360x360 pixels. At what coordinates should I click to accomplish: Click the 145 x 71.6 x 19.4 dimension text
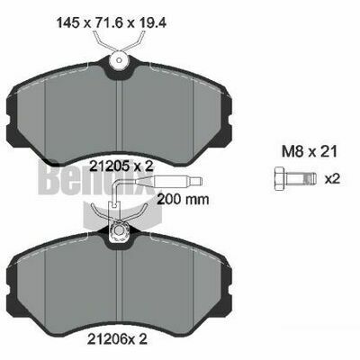tap(112, 23)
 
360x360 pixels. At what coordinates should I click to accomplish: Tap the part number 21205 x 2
tap(122, 166)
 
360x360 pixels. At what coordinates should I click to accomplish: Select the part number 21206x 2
tap(117, 339)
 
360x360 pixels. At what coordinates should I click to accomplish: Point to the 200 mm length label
tap(183, 199)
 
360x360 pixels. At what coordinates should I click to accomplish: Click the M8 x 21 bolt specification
tap(310, 152)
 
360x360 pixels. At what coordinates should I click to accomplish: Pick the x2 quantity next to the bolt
tap(332, 179)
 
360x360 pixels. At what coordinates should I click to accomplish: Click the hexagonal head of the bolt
tap(280, 178)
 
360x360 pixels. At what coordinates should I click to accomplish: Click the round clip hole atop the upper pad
tap(119, 61)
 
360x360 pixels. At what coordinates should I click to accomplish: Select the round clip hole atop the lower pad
tap(119, 230)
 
